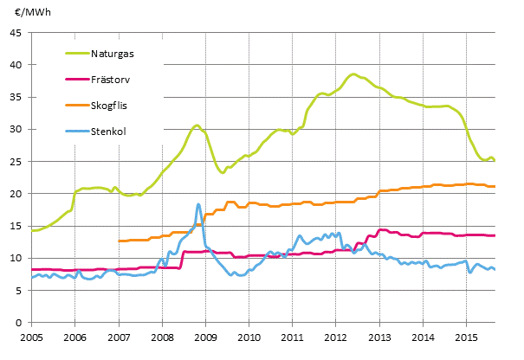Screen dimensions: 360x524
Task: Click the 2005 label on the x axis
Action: [31, 336]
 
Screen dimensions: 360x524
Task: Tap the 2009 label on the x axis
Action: [205, 336]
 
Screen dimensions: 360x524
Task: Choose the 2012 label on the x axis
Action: [336, 336]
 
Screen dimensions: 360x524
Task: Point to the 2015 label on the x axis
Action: [466, 336]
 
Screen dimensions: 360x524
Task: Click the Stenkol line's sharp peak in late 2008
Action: [198, 204]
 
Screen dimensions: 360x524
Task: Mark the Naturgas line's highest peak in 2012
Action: [353, 74]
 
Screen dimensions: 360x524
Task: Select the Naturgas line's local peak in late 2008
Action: [197, 125]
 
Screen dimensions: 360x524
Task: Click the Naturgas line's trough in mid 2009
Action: [223, 173]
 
